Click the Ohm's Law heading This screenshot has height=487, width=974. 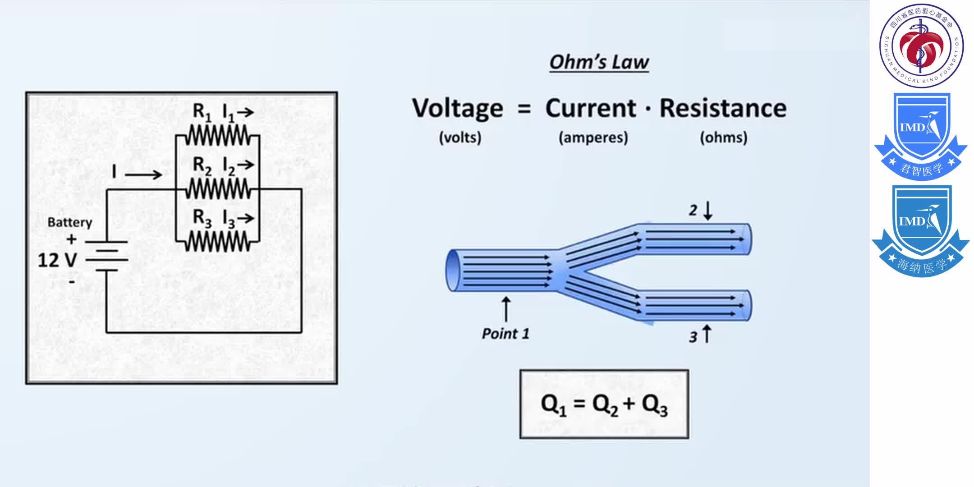tap(599, 62)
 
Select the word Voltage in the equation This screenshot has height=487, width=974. tap(457, 109)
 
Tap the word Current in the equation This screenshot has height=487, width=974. tap(591, 108)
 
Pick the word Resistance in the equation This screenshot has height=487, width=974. tap(723, 108)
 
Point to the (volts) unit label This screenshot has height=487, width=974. tap(460, 138)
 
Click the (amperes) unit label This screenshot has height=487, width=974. tap(593, 138)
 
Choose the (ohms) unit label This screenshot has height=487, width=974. tap(723, 138)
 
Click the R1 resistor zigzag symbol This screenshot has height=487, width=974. tap(218, 135)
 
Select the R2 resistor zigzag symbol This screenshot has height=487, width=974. tap(218, 188)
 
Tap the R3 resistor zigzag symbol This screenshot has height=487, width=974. tap(218, 242)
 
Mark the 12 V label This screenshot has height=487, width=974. tap(57, 260)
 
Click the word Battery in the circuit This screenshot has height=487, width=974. tap(70, 222)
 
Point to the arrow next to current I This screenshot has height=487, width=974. tap(143, 175)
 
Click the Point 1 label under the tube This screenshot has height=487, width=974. tap(505, 334)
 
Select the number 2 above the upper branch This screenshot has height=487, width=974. tap(693, 210)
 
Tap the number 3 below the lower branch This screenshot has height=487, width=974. tap(693, 336)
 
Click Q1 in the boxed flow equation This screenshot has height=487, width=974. tap(553, 404)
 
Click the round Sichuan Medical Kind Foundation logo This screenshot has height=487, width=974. tap(921, 45)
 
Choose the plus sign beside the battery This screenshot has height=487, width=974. tap(71, 239)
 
